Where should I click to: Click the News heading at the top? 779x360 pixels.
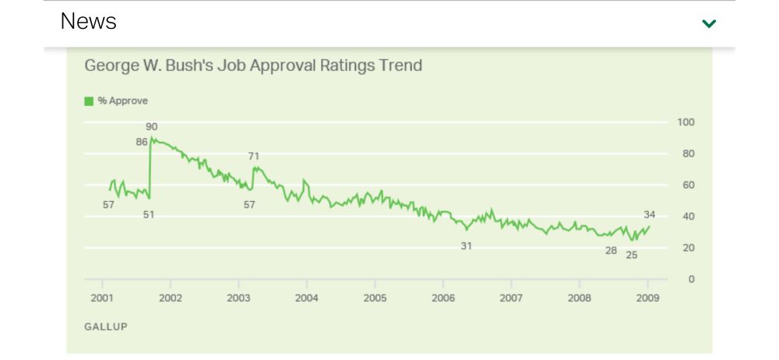tap(88, 22)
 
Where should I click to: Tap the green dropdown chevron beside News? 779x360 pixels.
tap(709, 23)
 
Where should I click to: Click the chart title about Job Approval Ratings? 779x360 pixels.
tap(253, 65)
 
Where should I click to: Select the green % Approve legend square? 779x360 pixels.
tap(89, 101)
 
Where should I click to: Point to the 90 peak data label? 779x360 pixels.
tap(151, 126)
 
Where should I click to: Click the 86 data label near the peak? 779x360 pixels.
tap(142, 142)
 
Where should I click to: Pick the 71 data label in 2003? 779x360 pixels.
tap(253, 156)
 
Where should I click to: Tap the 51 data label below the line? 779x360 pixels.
tap(148, 214)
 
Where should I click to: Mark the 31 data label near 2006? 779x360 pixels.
tap(466, 245)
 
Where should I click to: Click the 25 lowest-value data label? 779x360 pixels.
tap(631, 255)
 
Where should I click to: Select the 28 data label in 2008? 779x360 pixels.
tap(611, 250)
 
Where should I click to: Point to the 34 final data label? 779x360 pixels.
tap(650, 214)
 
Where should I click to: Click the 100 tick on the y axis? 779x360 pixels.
tap(686, 122)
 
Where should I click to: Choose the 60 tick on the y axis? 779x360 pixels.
tap(688, 185)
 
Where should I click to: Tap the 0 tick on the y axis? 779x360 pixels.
tap(691, 279)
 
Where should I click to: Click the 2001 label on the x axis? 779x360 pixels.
tap(102, 298)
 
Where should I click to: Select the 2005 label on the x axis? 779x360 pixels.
tap(375, 298)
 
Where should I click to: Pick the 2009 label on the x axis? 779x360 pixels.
tap(647, 298)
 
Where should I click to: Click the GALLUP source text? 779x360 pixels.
tap(105, 326)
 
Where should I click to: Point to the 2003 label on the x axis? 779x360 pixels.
tap(238, 298)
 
